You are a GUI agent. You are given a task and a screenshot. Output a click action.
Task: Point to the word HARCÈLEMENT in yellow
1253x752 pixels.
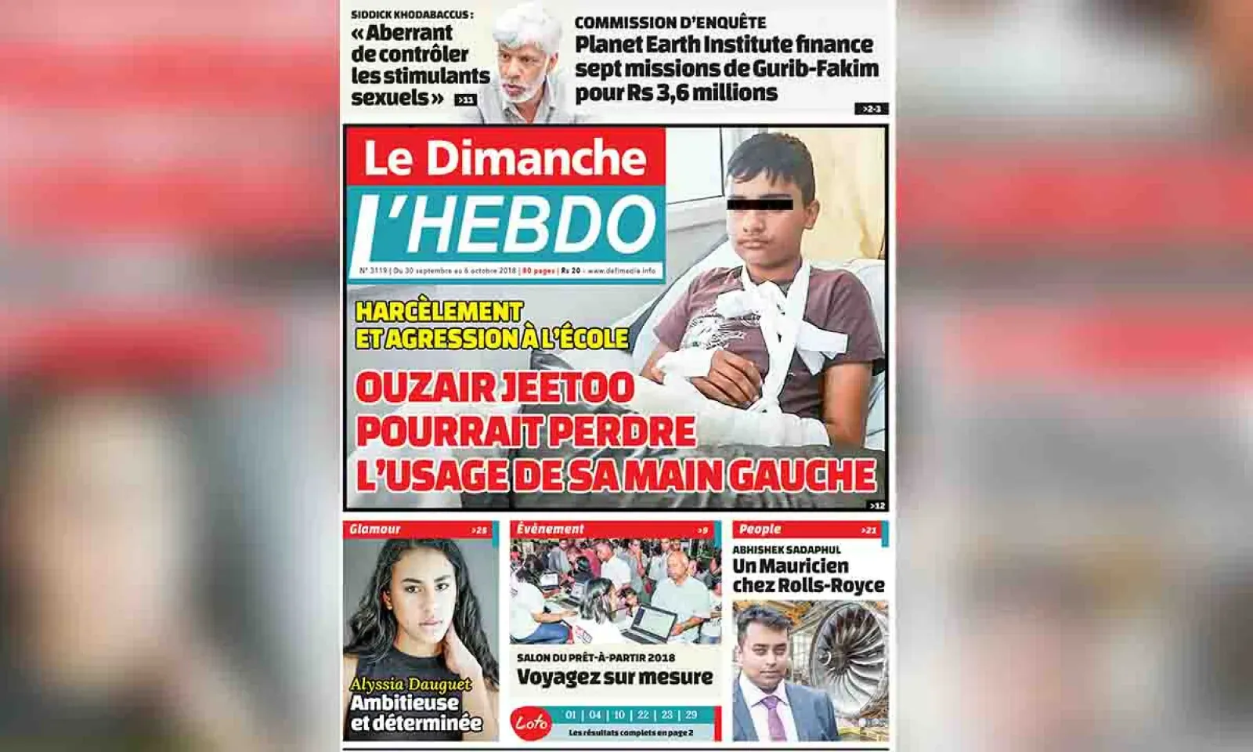pos(439,311)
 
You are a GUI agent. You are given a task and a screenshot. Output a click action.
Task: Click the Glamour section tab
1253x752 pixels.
pos(375,530)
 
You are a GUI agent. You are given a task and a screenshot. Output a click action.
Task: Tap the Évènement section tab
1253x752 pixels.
pos(551,530)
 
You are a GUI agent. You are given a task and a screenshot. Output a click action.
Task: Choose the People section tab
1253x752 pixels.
pos(760,530)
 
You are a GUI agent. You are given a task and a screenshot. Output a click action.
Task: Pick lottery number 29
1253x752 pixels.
pos(691,714)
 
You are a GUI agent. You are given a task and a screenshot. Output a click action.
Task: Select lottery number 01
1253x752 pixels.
pos(571,714)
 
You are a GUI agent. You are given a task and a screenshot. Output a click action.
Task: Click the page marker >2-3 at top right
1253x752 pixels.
pos(871,109)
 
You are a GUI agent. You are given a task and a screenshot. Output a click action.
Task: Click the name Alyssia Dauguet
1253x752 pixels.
pos(410,685)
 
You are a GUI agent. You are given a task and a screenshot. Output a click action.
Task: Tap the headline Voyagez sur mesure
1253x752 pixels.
pos(615,677)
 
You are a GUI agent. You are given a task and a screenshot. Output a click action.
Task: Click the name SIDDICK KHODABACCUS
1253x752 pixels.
pos(411,14)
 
